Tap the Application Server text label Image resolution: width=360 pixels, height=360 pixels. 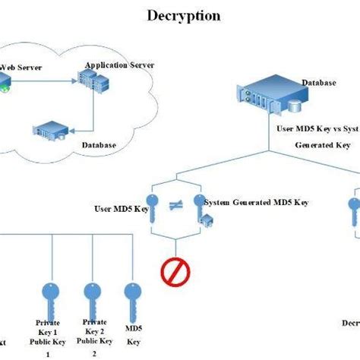120,65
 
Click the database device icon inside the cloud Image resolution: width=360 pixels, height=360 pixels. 49,128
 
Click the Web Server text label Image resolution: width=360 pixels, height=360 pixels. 21,68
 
